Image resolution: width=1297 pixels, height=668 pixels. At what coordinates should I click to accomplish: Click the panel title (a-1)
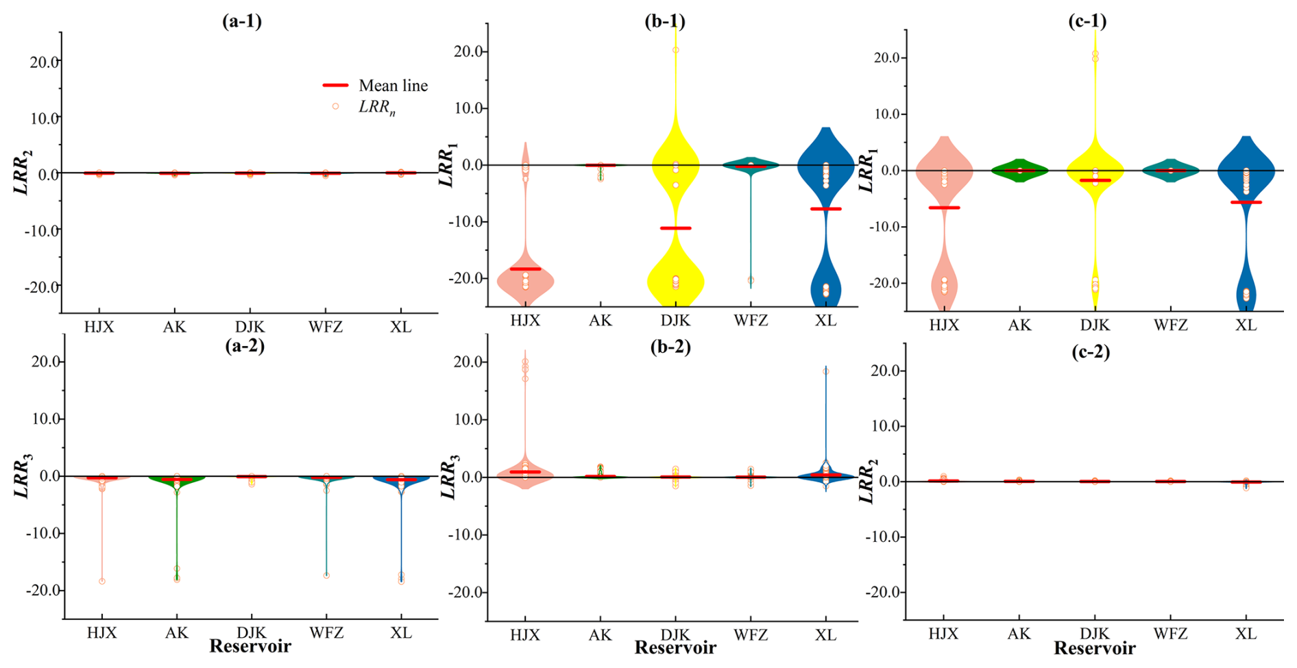(241, 21)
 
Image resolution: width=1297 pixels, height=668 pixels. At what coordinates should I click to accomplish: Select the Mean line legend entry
(375, 86)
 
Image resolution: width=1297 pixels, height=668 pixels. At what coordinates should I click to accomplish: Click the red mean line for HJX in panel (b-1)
(525, 269)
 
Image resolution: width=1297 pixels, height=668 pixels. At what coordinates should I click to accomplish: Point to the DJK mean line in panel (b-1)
(676, 228)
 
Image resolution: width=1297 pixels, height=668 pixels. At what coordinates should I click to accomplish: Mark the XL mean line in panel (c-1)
(1246, 202)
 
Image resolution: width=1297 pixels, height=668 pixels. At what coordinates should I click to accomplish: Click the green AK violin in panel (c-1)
(1019, 170)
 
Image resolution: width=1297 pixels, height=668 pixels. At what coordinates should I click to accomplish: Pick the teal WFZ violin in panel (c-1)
(1170, 170)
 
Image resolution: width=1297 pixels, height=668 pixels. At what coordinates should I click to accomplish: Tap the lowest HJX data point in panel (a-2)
(102, 581)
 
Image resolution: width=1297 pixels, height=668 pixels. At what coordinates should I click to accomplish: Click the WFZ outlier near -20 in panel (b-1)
(751, 280)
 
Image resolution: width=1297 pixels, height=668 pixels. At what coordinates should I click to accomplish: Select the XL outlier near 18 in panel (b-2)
(826, 371)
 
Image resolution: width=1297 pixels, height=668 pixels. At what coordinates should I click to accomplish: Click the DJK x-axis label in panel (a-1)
(250, 327)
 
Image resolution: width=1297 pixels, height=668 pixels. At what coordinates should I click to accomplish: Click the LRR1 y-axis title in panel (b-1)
(448, 165)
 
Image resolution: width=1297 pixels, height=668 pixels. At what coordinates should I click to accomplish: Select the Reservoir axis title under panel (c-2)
(1094, 648)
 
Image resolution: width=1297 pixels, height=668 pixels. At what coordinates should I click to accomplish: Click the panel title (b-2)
(670, 347)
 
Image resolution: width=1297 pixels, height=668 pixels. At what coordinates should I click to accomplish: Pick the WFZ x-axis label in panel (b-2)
(751, 635)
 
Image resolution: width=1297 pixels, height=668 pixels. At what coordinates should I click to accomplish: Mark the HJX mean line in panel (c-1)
(944, 208)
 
